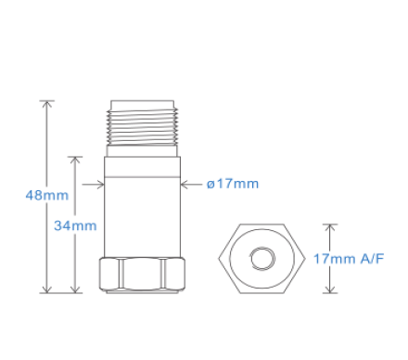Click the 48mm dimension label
coord(47,196)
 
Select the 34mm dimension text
coord(75,225)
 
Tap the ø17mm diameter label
coord(233,184)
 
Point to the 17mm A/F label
coord(349,259)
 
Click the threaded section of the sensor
coord(142,126)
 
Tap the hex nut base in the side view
coord(142,275)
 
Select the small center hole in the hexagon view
coord(262,259)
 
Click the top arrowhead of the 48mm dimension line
coord(47,105)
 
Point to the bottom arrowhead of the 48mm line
coord(47,289)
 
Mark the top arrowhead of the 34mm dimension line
coord(75,161)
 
